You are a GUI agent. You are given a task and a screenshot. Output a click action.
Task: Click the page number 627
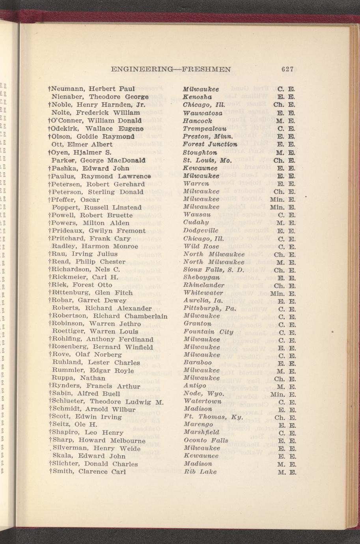click(287, 69)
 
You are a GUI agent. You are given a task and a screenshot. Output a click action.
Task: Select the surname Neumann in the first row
click(68, 89)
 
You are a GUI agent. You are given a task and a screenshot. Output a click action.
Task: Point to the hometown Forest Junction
click(210, 144)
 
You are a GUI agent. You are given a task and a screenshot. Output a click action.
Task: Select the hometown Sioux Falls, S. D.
click(214, 270)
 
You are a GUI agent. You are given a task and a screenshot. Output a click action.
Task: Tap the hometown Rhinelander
click(204, 285)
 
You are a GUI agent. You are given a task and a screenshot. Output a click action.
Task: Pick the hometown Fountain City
click(208, 332)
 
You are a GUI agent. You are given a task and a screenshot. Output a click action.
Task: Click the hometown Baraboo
click(198, 363)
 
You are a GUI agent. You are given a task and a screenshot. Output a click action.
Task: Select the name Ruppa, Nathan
click(78, 378)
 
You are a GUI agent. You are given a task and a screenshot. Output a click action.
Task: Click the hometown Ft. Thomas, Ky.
click(213, 417)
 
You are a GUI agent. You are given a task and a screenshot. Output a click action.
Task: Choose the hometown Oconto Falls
click(206, 440)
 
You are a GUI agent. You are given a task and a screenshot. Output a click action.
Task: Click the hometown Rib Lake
click(200, 471)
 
